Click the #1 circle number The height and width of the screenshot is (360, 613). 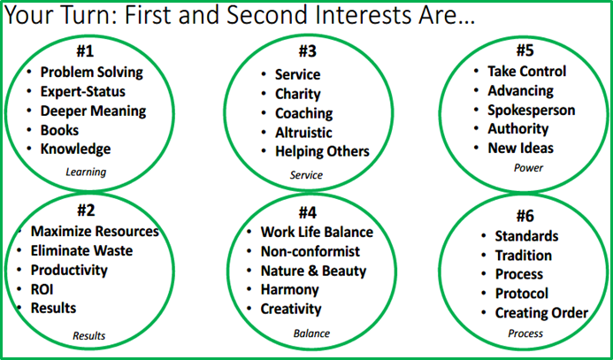86,52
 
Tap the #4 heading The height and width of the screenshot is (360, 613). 307,213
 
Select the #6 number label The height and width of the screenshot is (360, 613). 525,217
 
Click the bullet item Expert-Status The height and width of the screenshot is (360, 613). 83,91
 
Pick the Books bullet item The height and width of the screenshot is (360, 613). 59,130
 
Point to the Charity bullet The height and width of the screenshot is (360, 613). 297,94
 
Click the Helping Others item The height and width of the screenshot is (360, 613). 322,151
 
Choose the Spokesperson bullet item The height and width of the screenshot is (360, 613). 532,111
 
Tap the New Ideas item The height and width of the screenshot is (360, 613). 521,148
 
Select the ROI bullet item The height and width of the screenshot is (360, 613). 42,289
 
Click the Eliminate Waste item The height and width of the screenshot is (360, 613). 81,250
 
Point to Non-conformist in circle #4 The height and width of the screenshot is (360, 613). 310,251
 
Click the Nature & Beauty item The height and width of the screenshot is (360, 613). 313,271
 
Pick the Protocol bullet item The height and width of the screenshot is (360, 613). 522,293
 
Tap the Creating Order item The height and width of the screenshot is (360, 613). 542,313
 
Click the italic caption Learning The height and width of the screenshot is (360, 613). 86,172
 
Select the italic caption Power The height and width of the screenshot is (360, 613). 529,168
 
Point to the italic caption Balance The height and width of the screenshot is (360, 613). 311,333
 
